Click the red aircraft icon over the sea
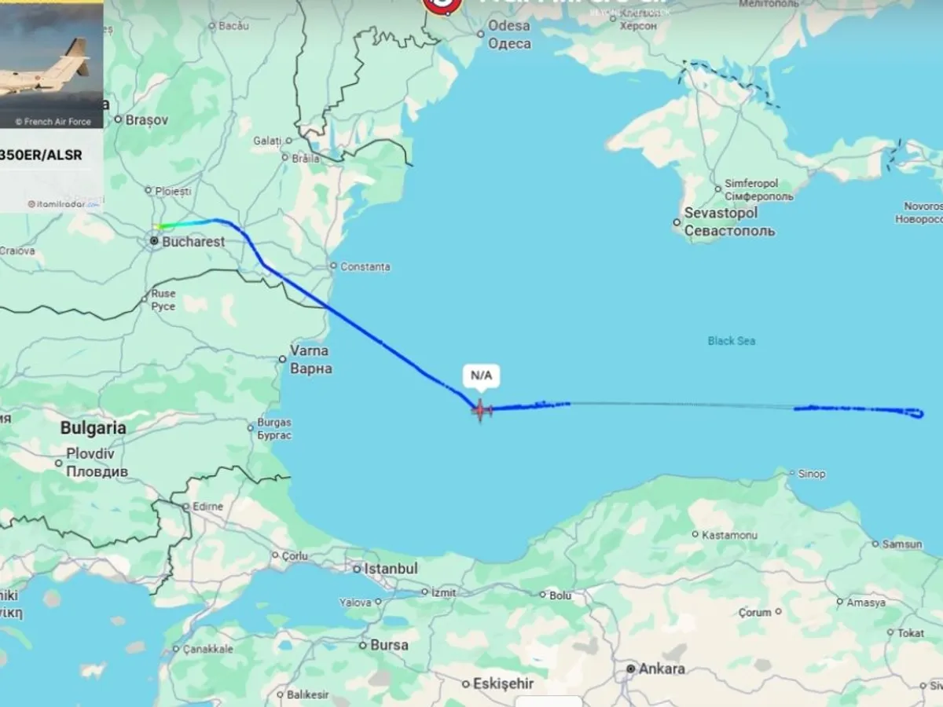[x=481, y=409]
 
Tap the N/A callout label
[x=481, y=376]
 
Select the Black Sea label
[x=731, y=341]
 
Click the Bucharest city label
[x=193, y=242]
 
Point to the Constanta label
[x=365, y=267]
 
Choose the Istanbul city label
[x=395, y=568]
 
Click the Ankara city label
[x=662, y=669]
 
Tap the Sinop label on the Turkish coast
[x=812, y=474]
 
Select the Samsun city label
[x=901, y=544]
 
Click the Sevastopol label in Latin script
[x=721, y=213]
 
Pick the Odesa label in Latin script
[x=509, y=25]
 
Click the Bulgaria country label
[x=94, y=428]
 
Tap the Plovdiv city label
[x=90, y=453]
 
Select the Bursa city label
[x=390, y=645]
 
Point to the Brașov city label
[x=147, y=120]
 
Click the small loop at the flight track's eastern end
[x=916, y=412]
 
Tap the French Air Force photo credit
[x=53, y=122]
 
